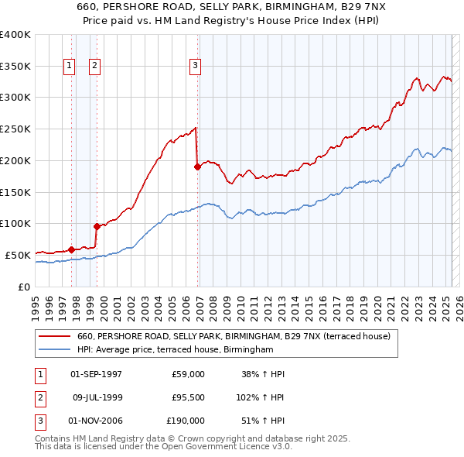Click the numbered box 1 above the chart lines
tap(70, 67)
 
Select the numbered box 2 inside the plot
tap(94, 67)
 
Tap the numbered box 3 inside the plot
tap(196, 67)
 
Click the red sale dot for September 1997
tap(71, 249)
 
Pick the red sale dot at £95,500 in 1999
tap(97, 226)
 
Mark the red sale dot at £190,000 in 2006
tap(197, 166)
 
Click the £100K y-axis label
tap(15, 223)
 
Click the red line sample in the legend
tap(55, 337)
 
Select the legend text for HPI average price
tap(176, 350)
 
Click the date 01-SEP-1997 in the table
tap(96, 374)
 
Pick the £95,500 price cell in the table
tap(186, 398)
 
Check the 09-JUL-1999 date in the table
tap(96, 398)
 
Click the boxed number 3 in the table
tap(38, 421)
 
